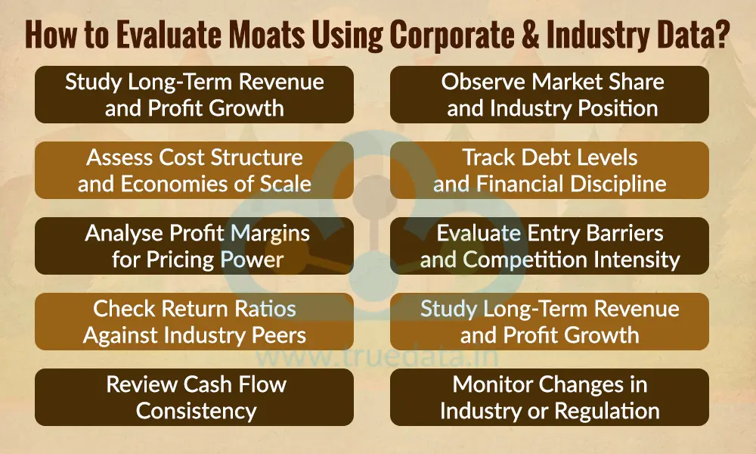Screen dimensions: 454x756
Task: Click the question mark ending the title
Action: point(720,36)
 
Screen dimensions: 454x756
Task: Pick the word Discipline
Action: point(618,184)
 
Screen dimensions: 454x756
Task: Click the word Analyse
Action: point(125,233)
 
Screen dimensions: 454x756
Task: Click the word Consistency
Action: point(196,411)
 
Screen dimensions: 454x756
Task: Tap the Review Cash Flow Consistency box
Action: point(194,397)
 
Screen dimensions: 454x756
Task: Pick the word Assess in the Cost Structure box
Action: point(119,157)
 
